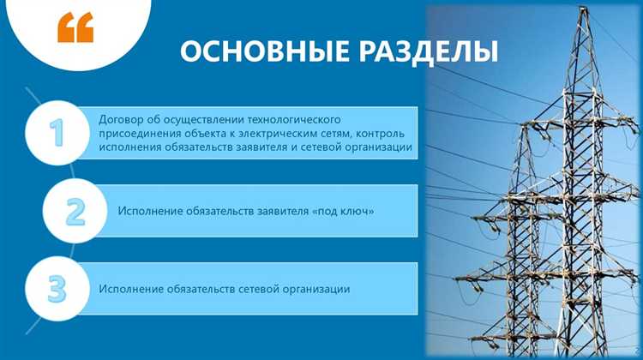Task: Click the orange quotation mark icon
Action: coord(75,27)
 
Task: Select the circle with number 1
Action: coord(57,133)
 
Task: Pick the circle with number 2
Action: coord(75,211)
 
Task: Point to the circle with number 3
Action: coord(57,289)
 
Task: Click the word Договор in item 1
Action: coord(121,119)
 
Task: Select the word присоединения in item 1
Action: coord(138,134)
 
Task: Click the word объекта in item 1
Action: coord(201,134)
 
